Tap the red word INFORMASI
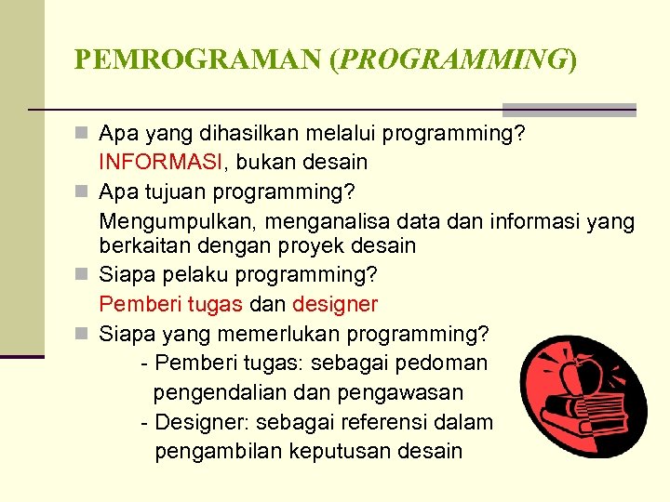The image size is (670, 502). (x=160, y=162)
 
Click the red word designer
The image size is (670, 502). (x=335, y=304)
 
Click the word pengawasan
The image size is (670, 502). (x=405, y=392)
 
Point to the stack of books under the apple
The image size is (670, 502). (x=571, y=416)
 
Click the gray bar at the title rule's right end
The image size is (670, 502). (x=569, y=109)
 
